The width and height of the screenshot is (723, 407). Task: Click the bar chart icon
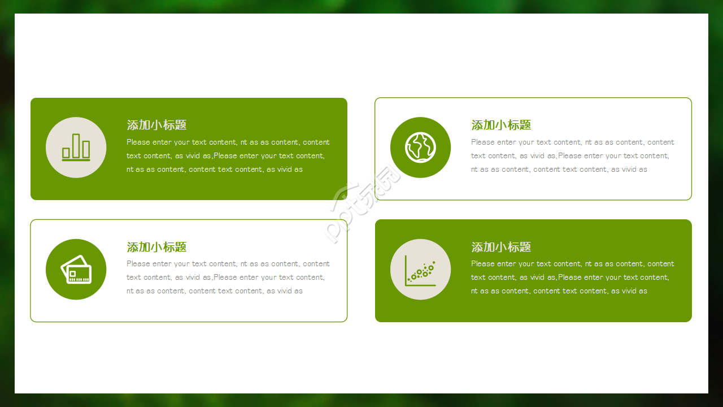pyautogui.click(x=76, y=148)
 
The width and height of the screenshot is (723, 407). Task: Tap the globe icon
pyautogui.click(x=420, y=148)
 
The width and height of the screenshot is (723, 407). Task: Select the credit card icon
pyautogui.click(x=76, y=269)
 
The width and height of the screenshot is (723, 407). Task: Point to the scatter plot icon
pyautogui.click(x=420, y=270)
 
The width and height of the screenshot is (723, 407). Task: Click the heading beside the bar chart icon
pyautogui.click(x=156, y=125)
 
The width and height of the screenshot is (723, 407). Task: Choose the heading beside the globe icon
pyautogui.click(x=501, y=125)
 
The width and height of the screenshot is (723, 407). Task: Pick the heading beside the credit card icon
pyautogui.click(x=156, y=247)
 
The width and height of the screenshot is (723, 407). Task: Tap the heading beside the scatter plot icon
pyautogui.click(x=501, y=247)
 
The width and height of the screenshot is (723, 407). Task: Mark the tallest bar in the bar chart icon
pyautogui.click(x=76, y=145)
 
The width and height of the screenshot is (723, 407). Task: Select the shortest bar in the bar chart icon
pyautogui.click(x=66, y=153)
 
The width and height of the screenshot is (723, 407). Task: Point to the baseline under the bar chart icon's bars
pyautogui.click(x=76, y=160)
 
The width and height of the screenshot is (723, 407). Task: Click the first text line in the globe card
pyautogui.click(x=572, y=142)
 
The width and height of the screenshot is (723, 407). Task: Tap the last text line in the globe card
pyautogui.click(x=559, y=170)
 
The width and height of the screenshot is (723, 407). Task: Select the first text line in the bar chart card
pyautogui.click(x=228, y=142)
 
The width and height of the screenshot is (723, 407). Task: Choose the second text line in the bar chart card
pyautogui.click(x=225, y=156)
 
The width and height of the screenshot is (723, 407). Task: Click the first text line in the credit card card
pyautogui.click(x=228, y=264)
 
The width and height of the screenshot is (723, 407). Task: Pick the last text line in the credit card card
pyautogui.click(x=214, y=291)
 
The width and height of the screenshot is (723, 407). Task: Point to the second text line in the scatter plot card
pyautogui.click(x=570, y=278)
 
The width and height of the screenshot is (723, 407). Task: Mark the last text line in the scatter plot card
pyautogui.click(x=559, y=291)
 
